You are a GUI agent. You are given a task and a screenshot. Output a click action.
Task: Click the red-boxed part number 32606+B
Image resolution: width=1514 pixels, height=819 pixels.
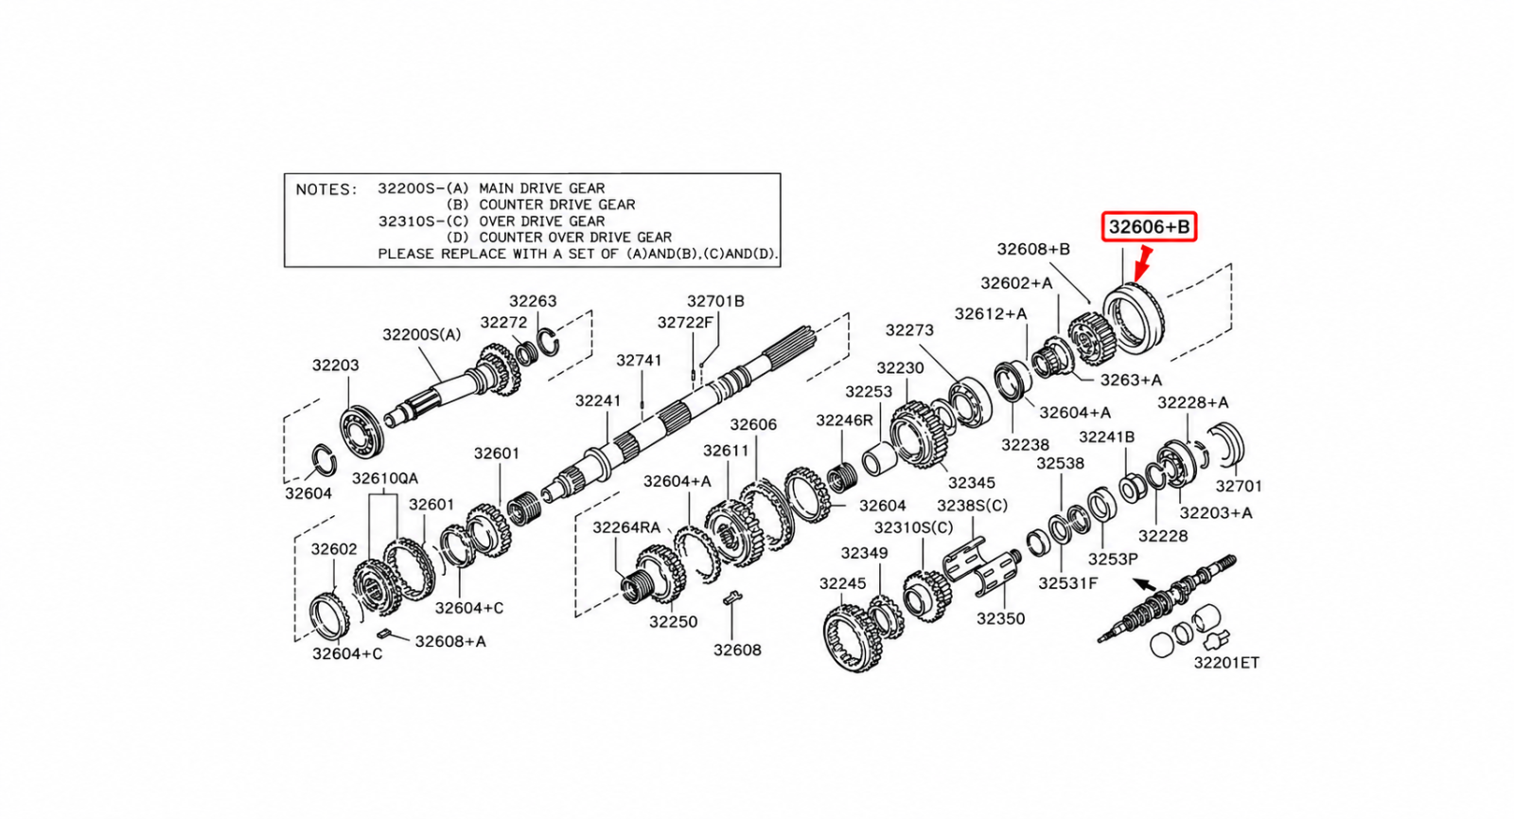pyautogui.click(x=1149, y=226)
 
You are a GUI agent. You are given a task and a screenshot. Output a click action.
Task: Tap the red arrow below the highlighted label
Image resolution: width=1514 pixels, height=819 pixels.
pyautogui.click(x=1141, y=264)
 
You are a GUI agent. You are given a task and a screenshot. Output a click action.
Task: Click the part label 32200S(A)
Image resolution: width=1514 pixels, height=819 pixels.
pyautogui.click(x=422, y=334)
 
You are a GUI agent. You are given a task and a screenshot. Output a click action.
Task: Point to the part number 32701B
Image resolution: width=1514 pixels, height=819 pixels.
pyautogui.click(x=715, y=301)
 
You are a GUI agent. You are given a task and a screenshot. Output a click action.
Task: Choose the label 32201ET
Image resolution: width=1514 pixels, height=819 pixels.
pyautogui.click(x=1226, y=663)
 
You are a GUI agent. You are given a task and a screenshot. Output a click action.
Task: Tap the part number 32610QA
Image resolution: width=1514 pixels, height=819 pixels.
pyautogui.click(x=385, y=479)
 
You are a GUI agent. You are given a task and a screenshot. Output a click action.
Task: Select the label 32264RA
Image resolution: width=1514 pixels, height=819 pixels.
pyautogui.click(x=625, y=526)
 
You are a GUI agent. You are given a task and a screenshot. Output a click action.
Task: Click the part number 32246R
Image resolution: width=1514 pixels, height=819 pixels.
pyautogui.click(x=844, y=420)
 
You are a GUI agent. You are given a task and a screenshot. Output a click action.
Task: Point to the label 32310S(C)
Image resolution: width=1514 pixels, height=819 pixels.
pyautogui.click(x=913, y=526)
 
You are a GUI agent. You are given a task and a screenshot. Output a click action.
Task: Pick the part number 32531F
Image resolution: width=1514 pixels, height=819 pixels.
pyautogui.click(x=1068, y=583)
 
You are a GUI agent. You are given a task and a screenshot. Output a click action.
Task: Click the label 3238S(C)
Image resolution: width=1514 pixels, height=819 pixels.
pyautogui.click(x=972, y=506)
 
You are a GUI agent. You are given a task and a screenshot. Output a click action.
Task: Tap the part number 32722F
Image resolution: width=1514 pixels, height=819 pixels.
pyautogui.click(x=685, y=323)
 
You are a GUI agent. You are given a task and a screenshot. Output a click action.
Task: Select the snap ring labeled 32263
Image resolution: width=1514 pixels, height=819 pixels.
pyautogui.click(x=548, y=342)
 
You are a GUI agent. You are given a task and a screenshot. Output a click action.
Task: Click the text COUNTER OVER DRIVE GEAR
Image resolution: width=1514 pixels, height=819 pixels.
pyautogui.click(x=575, y=238)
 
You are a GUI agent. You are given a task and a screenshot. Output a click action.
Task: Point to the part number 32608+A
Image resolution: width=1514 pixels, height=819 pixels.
pyautogui.click(x=450, y=641)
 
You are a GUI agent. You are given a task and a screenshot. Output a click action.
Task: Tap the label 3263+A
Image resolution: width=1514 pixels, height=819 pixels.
pyautogui.click(x=1131, y=380)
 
